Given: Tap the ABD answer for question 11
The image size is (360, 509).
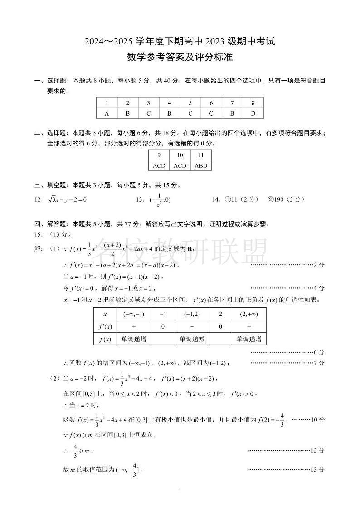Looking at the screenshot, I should (x=200, y=165).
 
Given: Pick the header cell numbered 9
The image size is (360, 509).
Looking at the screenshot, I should (x=159, y=155).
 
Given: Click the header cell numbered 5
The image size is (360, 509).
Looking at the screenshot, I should (x=190, y=103).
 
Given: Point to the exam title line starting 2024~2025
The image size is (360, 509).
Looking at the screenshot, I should (x=180, y=42).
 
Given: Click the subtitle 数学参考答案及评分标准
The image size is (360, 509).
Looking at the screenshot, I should (x=180, y=57).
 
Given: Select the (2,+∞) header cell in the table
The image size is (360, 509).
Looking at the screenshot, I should (x=249, y=314).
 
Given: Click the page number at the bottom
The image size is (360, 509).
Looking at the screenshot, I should (x=180, y=488).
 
